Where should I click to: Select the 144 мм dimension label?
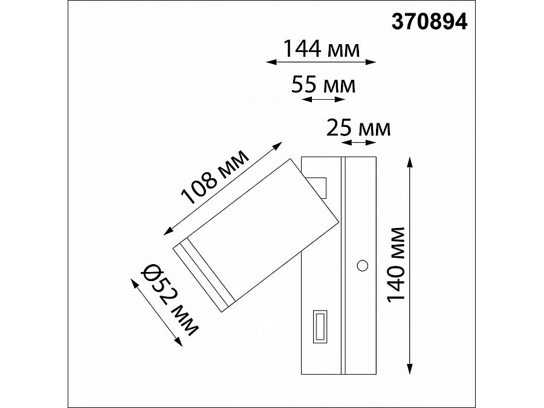click(322, 48)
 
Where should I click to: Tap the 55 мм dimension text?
click(323, 85)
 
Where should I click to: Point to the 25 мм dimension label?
click(358, 128)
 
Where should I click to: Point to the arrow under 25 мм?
click(358, 143)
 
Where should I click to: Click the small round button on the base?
click(363, 264)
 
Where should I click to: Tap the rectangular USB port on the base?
click(320, 326)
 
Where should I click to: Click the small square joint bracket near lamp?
click(318, 187)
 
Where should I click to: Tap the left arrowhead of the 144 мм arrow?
click(270, 61)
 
